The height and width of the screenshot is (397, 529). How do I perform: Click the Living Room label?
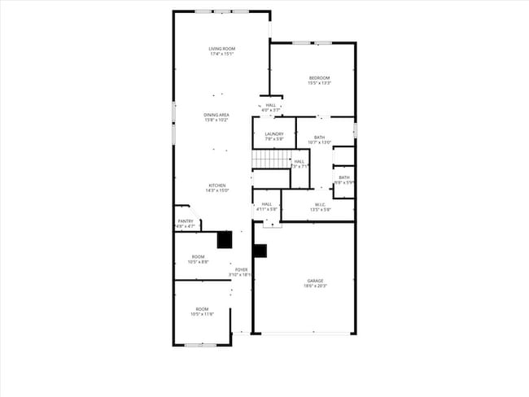coord(221,49)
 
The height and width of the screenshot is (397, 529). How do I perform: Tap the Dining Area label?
coord(216,115)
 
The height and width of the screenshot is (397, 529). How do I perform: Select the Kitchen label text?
coord(216,185)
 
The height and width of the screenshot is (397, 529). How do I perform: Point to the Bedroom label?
coord(319,77)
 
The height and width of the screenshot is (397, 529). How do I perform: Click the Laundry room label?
coord(273,133)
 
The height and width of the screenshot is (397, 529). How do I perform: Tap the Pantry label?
coord(186,220)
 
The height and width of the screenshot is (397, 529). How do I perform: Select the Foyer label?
coord(242,269)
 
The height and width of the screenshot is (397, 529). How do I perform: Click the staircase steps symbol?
coord(271,159)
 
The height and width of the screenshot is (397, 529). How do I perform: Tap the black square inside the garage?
coord(260,251)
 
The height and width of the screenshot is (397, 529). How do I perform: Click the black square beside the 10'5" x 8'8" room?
coord(225,239)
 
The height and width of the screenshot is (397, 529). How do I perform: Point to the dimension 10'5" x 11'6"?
coord(201,314)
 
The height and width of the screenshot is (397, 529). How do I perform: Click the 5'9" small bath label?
coord(344,182)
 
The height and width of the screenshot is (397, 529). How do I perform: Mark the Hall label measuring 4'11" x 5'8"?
coord(266,209)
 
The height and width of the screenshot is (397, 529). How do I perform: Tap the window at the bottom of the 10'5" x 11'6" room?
coord(200,345)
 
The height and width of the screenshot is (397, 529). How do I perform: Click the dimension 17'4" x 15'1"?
coord(221,55)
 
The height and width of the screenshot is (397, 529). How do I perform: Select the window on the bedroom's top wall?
coord(313,42)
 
